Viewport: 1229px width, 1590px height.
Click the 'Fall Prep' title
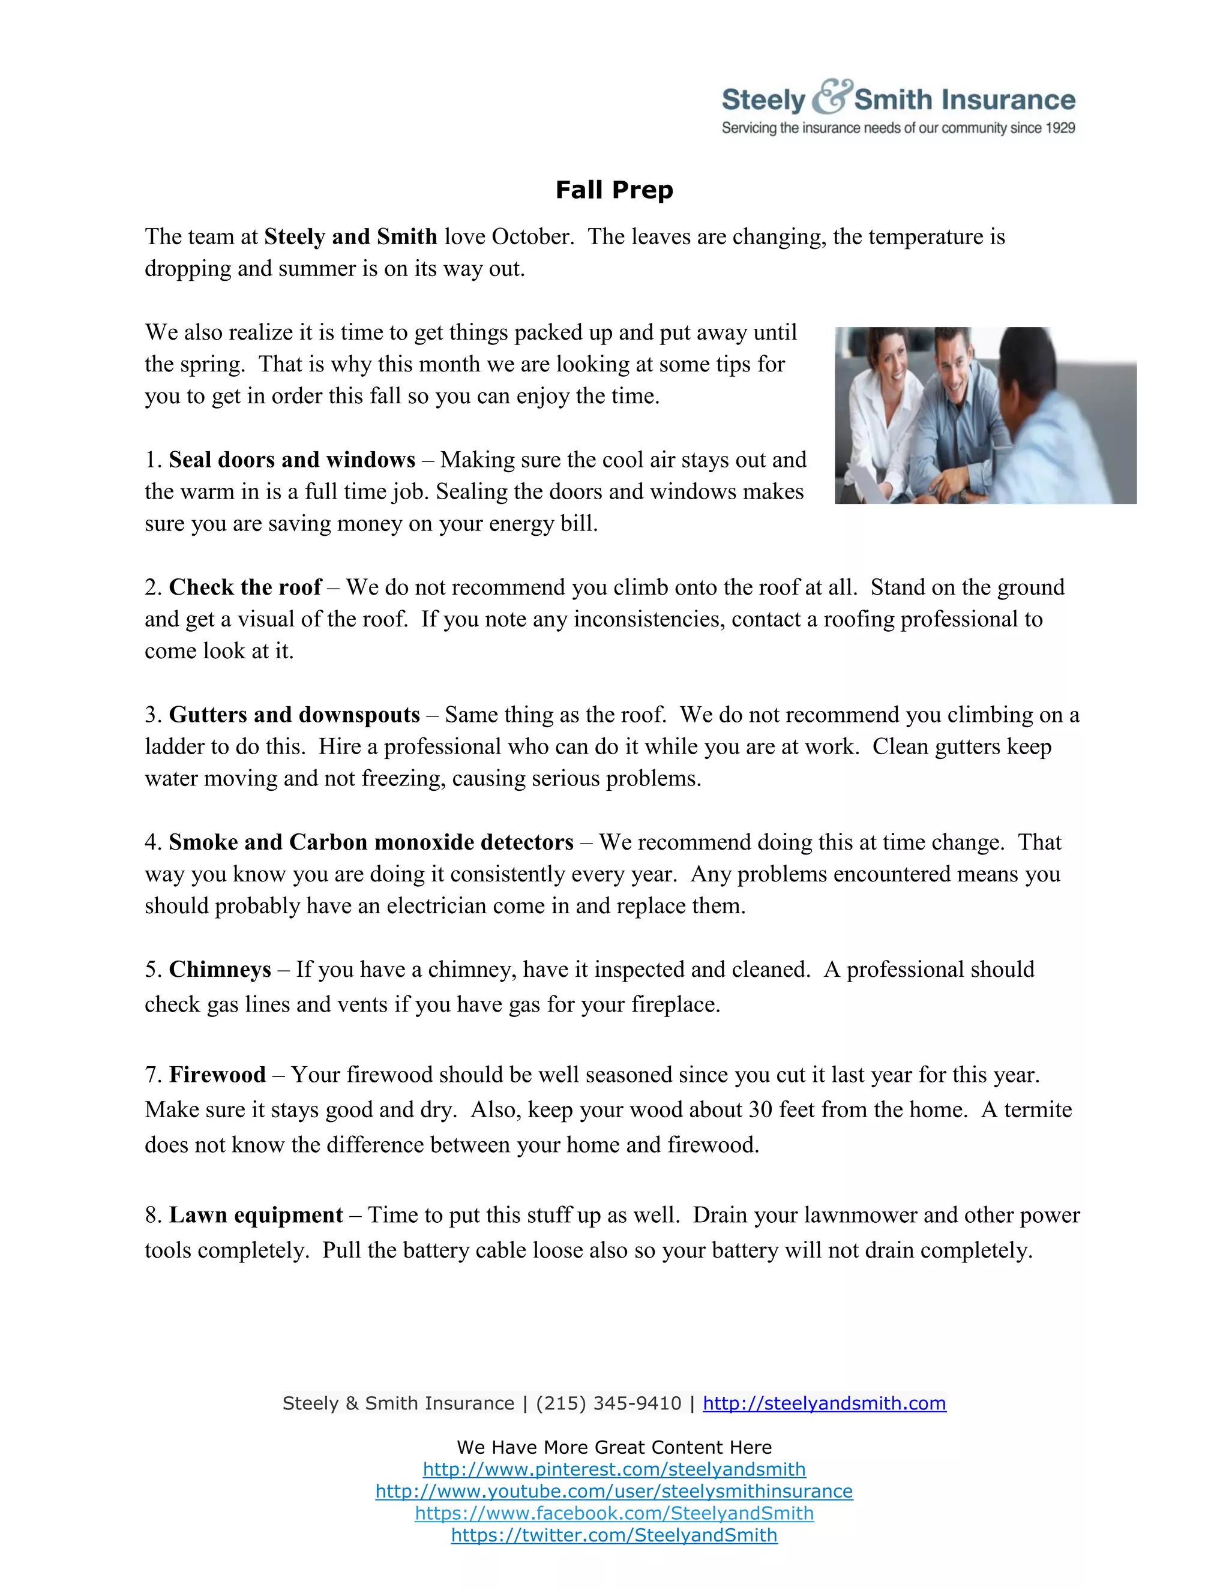tap(614, 190)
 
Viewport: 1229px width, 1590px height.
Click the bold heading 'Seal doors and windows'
tap(292, 460)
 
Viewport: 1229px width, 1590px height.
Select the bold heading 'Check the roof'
tap(245, 587)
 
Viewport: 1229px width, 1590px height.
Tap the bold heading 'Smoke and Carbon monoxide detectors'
tap(371, 842)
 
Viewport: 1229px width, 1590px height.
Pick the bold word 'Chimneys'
tap(220, 969)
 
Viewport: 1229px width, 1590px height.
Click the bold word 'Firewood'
tap(217, 1075)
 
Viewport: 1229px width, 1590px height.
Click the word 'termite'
tap(1038, 1109)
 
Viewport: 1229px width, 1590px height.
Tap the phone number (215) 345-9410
tap(608, 1403)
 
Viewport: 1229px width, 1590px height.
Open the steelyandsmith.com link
tap(824, 1403)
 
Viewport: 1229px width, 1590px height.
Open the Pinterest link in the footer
tap(614, 1469)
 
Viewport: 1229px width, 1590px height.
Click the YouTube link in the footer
tap(614, 1491)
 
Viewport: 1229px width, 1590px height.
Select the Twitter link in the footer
tap(614, 1535)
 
